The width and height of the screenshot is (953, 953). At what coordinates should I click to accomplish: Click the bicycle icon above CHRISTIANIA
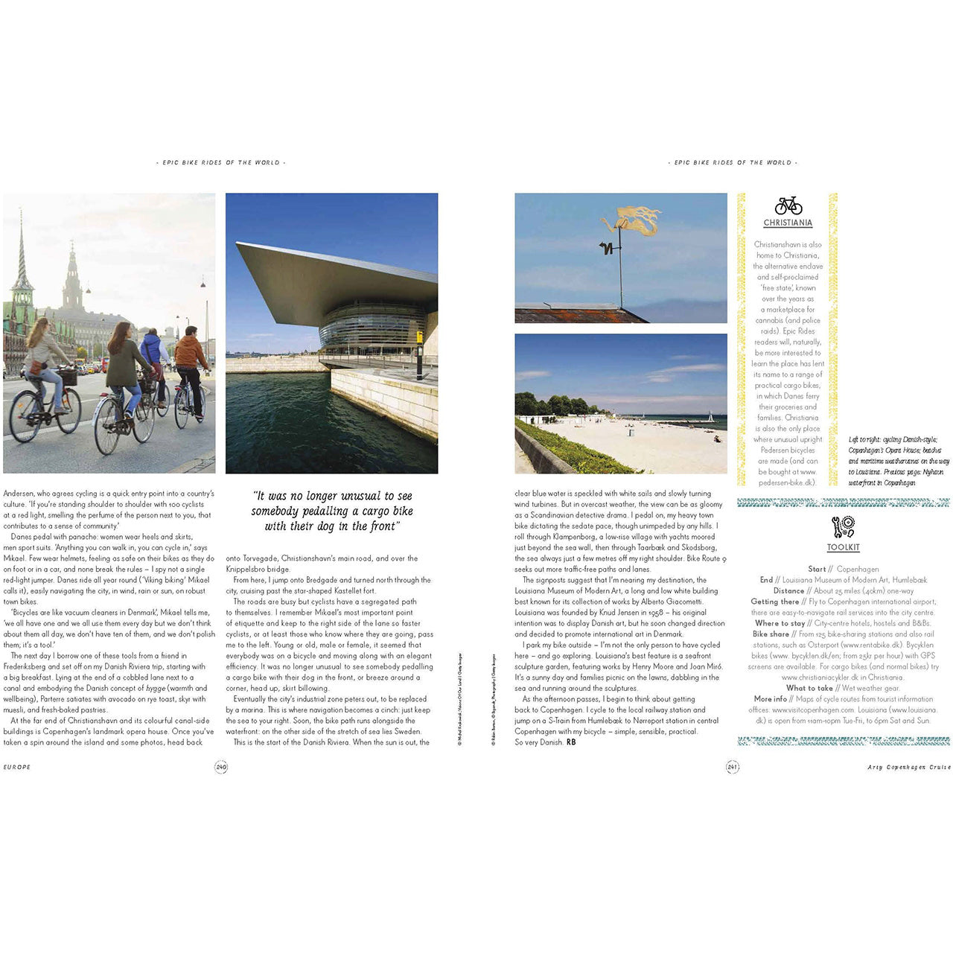(x=788, y=205)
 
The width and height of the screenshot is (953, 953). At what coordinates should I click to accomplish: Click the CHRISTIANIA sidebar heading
(x=788, y=223)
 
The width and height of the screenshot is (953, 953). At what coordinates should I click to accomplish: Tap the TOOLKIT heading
(x=843, y=548)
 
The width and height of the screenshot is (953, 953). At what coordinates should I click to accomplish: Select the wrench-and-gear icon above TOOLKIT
(x=843, y=527)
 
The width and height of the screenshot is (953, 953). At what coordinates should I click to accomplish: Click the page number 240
(x=221, y=767)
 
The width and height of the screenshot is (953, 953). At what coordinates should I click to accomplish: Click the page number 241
(x=732, y=767)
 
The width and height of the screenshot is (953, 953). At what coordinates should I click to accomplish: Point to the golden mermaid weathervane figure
(x=633, y=220)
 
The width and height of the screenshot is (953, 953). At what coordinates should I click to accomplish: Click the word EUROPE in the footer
(x=17, y=767)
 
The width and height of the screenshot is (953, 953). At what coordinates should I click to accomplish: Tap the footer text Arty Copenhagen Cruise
(x=908, y=767)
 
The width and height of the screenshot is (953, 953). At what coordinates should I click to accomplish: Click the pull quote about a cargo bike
(x=331, y=511)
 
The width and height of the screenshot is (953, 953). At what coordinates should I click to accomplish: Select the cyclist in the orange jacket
(x=191, y=357)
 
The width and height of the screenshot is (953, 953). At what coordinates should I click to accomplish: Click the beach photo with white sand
(x=620, y=404)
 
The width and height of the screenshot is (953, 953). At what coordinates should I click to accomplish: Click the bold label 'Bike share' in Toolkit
(x=771, y=634)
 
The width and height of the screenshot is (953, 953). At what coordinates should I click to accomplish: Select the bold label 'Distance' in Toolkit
(x=788, y=591)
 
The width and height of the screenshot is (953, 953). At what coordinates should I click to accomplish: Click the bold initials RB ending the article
(x=571, y=742)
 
